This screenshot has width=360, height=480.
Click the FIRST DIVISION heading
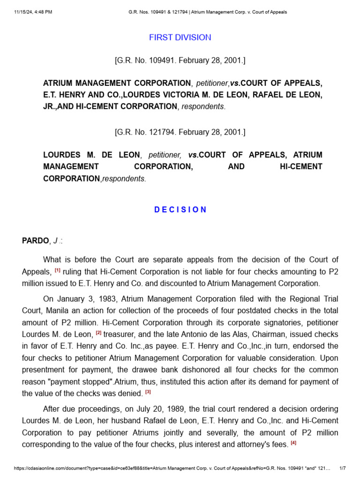(x=180, y=37)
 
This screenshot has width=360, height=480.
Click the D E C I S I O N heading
(x=180, y=210)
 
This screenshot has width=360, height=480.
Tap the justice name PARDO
(x=35, y=241)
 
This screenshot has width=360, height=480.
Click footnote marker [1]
(x=58, y=270)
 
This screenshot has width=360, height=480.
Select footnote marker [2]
(x=99, y=333)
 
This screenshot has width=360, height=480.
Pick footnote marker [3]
(x=148, y=391)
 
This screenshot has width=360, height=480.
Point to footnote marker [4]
(x=293, y=442)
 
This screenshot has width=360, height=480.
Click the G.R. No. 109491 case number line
(x=180, y=60)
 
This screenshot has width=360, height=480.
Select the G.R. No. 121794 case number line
(x=180, y=132)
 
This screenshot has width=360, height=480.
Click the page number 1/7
(x=342, y=468)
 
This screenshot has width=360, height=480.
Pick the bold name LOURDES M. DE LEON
(x=91, y=155)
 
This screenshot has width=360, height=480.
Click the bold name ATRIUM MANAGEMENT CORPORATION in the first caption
(x=117, y=83)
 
